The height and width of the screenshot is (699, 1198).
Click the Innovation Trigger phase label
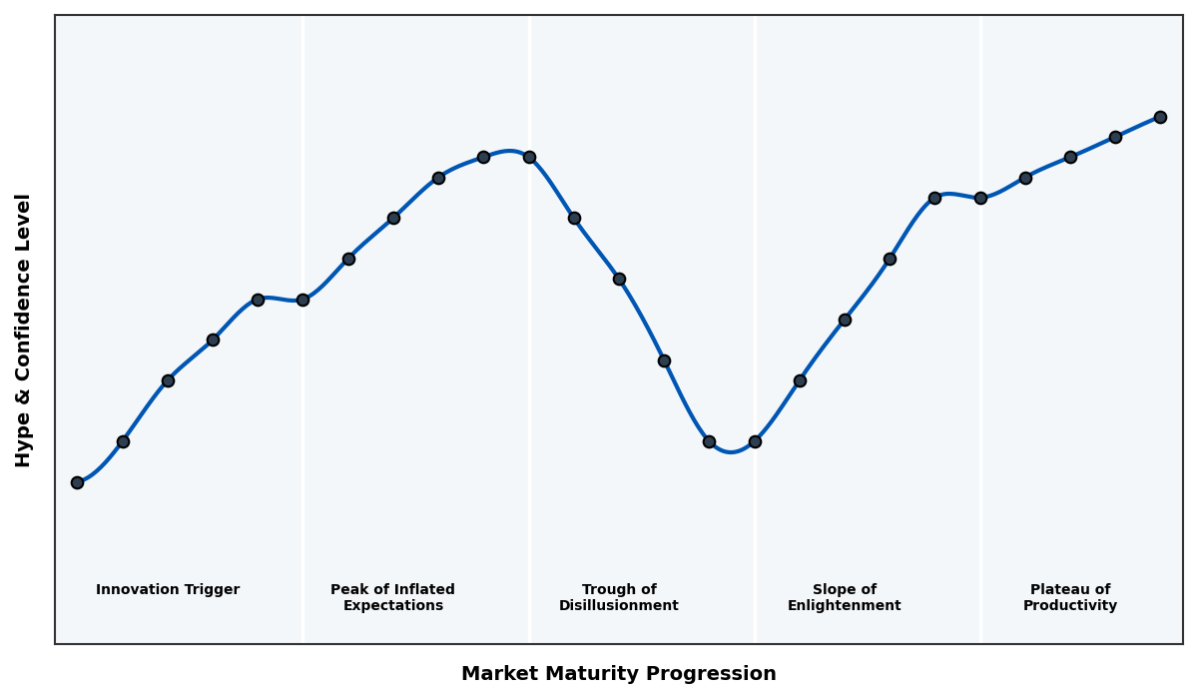click(168, 590)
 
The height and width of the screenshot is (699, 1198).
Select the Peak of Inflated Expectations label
click(392, 597)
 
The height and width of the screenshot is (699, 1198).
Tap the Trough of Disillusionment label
click(619, 597)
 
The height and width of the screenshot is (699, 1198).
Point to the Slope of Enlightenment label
click(845, 597)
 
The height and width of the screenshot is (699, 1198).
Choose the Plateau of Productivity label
click(1070, 597)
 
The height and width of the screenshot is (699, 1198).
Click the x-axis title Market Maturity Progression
click(619, 674)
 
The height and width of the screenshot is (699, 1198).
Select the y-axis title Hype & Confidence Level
click(24, 330)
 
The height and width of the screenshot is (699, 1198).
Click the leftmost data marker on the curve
click(77, 482)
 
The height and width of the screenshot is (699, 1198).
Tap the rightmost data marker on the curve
click(1160, 117)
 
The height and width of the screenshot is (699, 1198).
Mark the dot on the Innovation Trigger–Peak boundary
click(302, 300)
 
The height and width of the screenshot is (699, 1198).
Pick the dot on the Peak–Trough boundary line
click(529, 157)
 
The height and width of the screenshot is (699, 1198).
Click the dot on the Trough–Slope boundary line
click(755, 441)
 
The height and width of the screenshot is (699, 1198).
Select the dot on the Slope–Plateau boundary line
click(980, 198)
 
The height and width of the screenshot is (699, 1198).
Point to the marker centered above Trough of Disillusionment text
click(619, 279)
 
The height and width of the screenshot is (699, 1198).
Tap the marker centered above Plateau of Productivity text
click(1070, 157)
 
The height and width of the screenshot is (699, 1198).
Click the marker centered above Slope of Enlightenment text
click(845, 320)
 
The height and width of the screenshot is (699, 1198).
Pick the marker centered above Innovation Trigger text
click(168, 380)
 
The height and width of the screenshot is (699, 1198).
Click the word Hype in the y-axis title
click(24, 441)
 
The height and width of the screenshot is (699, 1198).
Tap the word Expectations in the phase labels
click(392, 606)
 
